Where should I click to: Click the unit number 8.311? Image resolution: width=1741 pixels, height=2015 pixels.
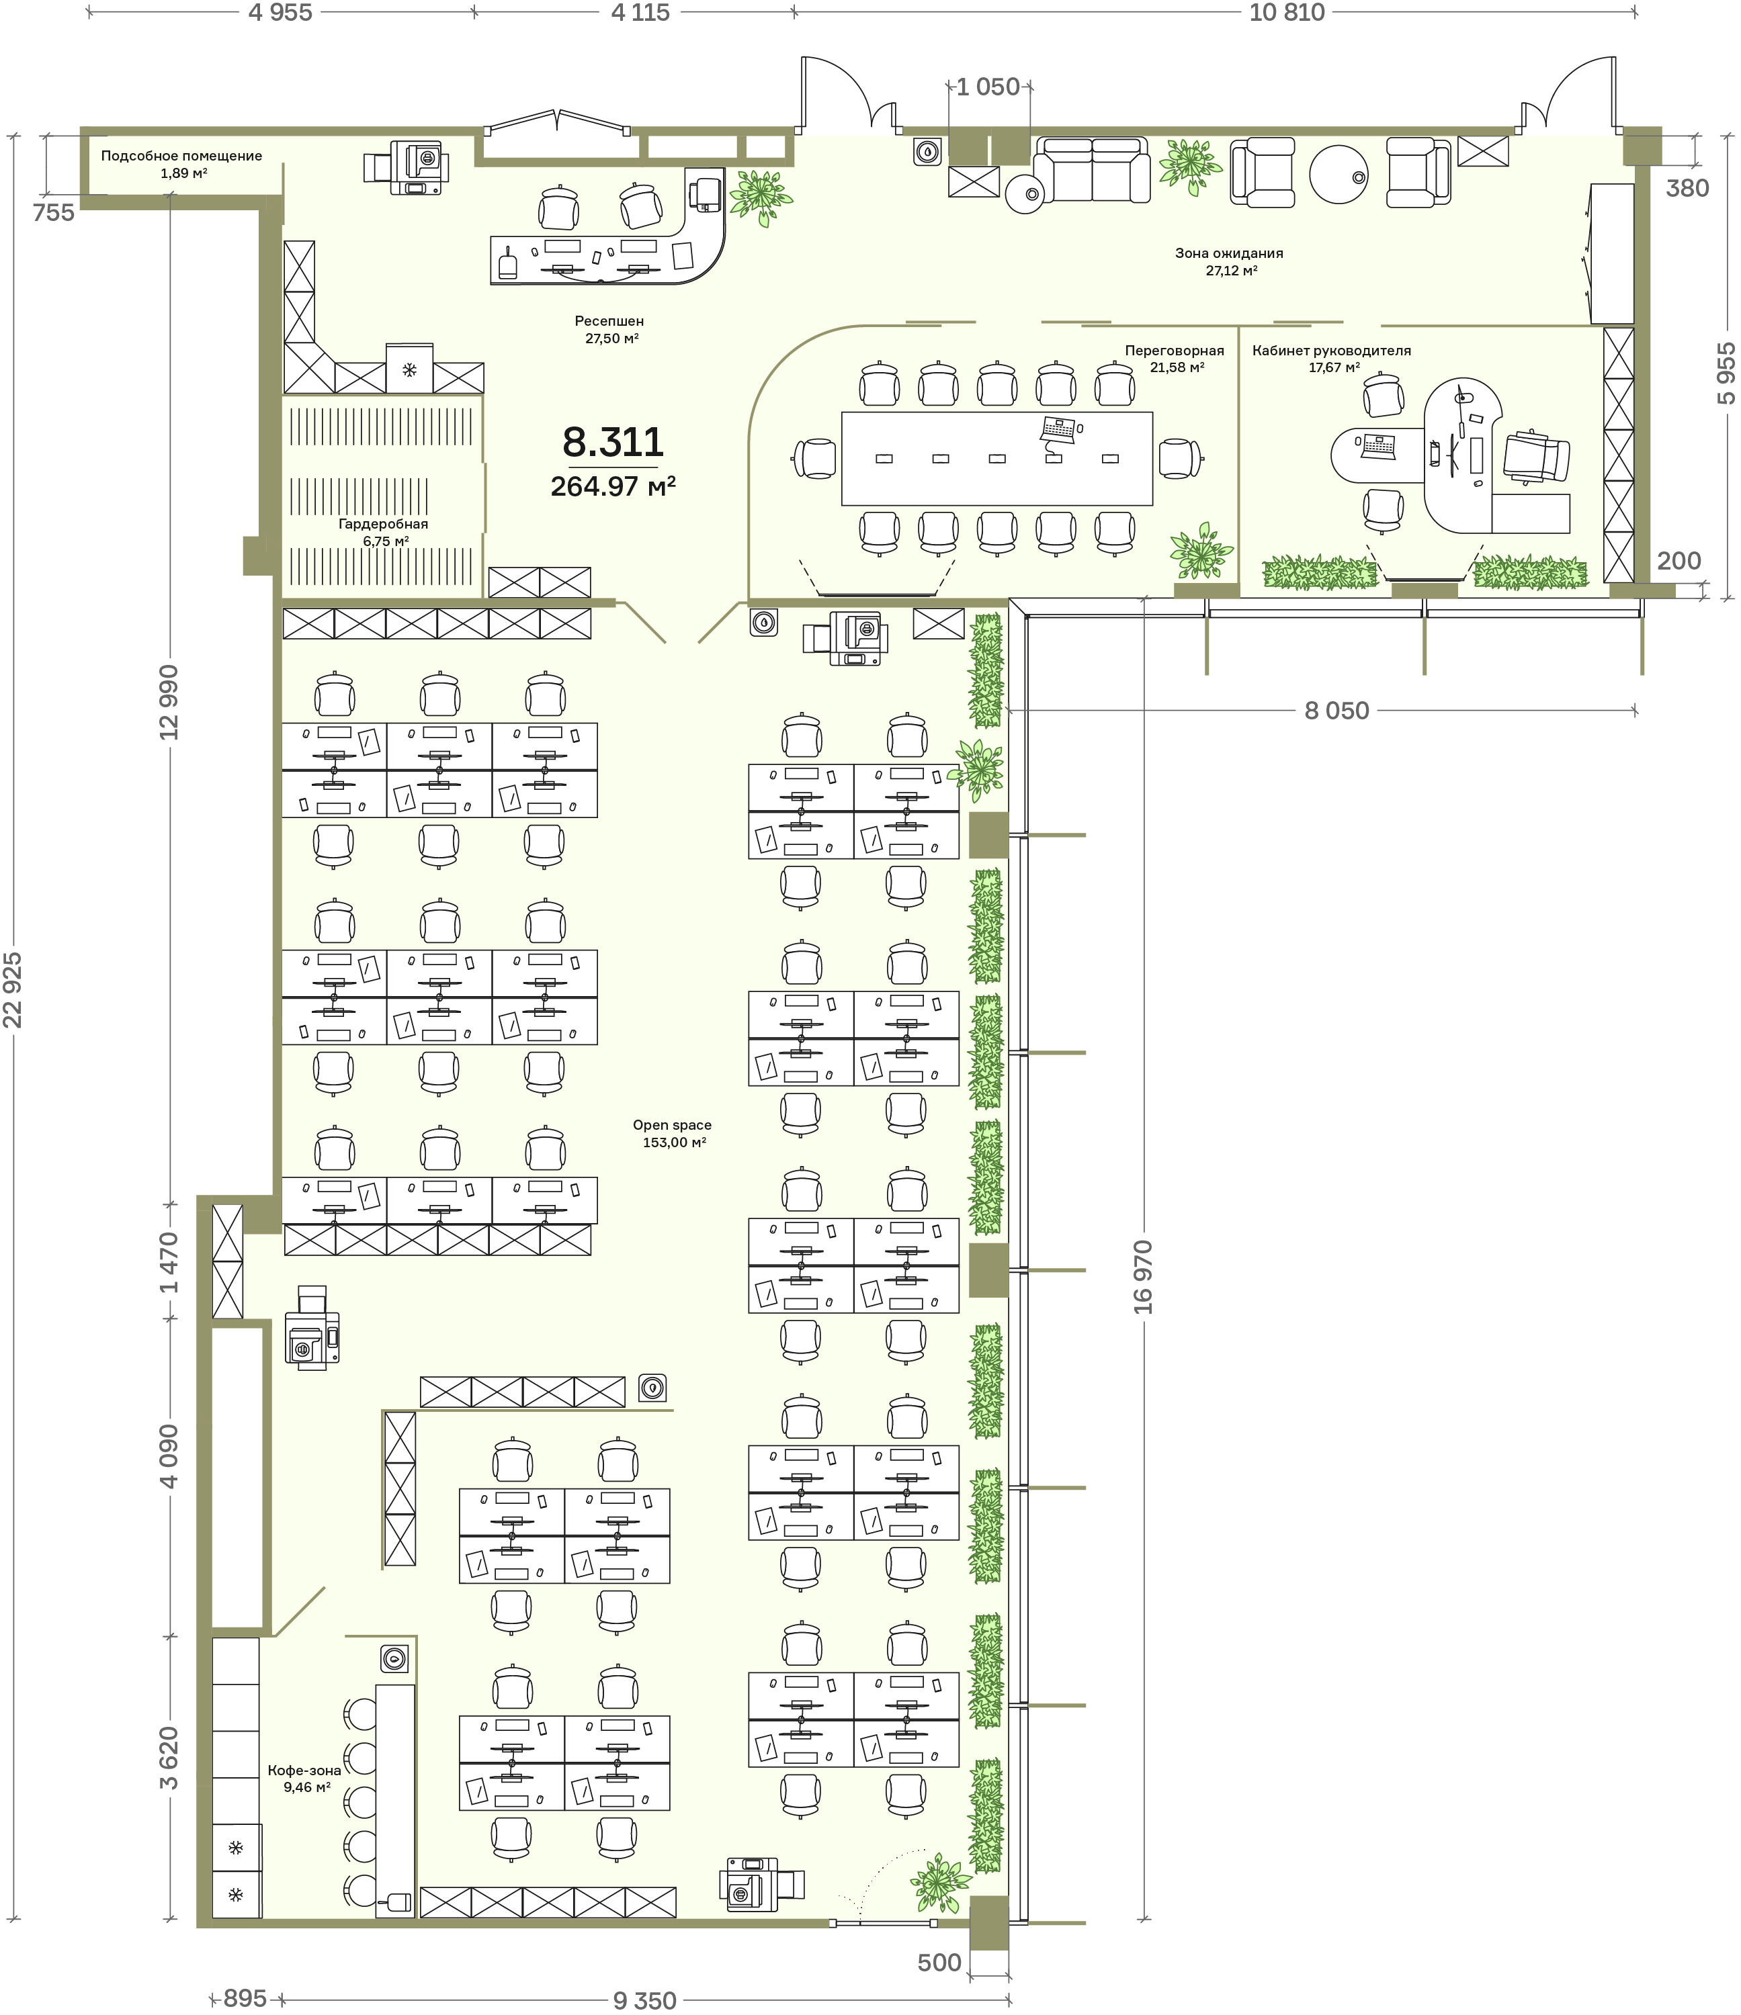pos(613,443)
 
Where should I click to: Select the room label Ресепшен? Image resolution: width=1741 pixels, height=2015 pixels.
pos(609,321)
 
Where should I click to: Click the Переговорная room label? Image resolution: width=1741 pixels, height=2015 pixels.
pos(1174,350)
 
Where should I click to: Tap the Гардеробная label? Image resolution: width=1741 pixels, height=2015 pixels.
pos(383,524)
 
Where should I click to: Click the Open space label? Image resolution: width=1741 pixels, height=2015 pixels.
pos(672,1124)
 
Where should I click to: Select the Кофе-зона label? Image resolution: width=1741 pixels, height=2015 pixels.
pos(304,1770)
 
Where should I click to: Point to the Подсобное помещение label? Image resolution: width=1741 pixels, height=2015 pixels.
pos(182,156)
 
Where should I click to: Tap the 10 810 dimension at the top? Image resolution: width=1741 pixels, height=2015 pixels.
pos(1287,13)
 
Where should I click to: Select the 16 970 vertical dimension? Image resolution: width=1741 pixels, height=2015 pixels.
pos(1143,1277)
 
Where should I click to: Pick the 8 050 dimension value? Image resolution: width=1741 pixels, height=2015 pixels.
pos(1336,711)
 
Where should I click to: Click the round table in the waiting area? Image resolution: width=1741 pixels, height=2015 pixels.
pos(1339,174)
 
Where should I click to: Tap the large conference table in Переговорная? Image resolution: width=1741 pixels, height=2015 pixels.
pos(997,458)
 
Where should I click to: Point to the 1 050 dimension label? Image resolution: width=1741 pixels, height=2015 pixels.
pos(988,87)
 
